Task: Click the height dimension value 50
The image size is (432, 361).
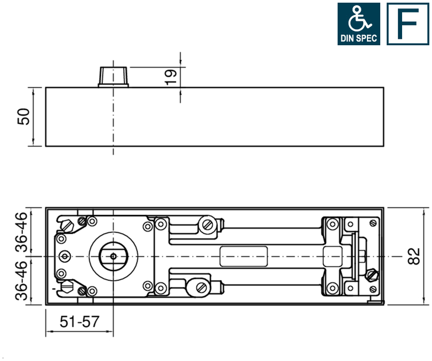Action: pos(23,117)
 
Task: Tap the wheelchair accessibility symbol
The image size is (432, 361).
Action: pos(358,19)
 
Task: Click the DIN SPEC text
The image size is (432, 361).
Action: pos(358,38)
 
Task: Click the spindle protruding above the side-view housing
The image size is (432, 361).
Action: pos(113,77)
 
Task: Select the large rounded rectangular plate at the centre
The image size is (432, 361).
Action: pos(244,256)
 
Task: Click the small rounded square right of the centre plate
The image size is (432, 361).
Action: pos(333,256)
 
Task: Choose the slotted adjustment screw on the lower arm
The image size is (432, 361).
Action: pos(202,287)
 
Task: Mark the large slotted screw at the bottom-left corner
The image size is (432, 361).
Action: pos(68,288)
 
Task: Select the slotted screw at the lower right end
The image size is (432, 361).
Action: pos(372,275)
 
